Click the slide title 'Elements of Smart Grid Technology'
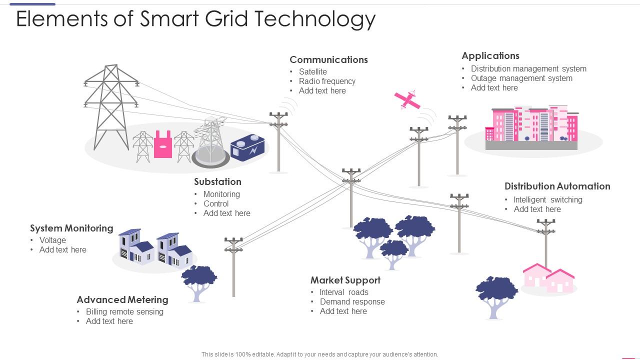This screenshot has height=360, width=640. click(x=195, y=19)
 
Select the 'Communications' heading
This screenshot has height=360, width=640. click(x=328, y=59)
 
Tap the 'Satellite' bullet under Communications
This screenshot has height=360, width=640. click(x=312, y=71)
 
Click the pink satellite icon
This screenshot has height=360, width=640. click(x=407, y=100)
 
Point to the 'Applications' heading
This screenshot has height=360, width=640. click(x=490, y=55)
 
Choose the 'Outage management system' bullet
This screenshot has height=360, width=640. click(x=521, y=78)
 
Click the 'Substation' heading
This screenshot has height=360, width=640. click(x=217, y=181)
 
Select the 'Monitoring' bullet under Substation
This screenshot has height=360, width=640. click(x=221, y=194)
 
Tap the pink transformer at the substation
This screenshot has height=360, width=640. click(x=163, y=145)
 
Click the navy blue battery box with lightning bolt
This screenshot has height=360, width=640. click(x=247, y=148)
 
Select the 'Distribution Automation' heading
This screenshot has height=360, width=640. click(x=557, y=186)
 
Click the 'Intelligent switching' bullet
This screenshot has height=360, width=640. click(x=547, y=199)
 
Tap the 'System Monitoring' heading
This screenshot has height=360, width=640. click(x=71, y=228)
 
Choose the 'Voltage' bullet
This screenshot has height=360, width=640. click(x=52, y=240)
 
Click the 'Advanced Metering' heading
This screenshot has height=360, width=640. click(x=122, y=299)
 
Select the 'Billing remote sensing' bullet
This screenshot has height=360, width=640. click(x=124, y=311)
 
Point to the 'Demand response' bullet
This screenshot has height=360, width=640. click(x=352, y=301)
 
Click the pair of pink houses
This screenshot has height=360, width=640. click(x=548, y=278)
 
